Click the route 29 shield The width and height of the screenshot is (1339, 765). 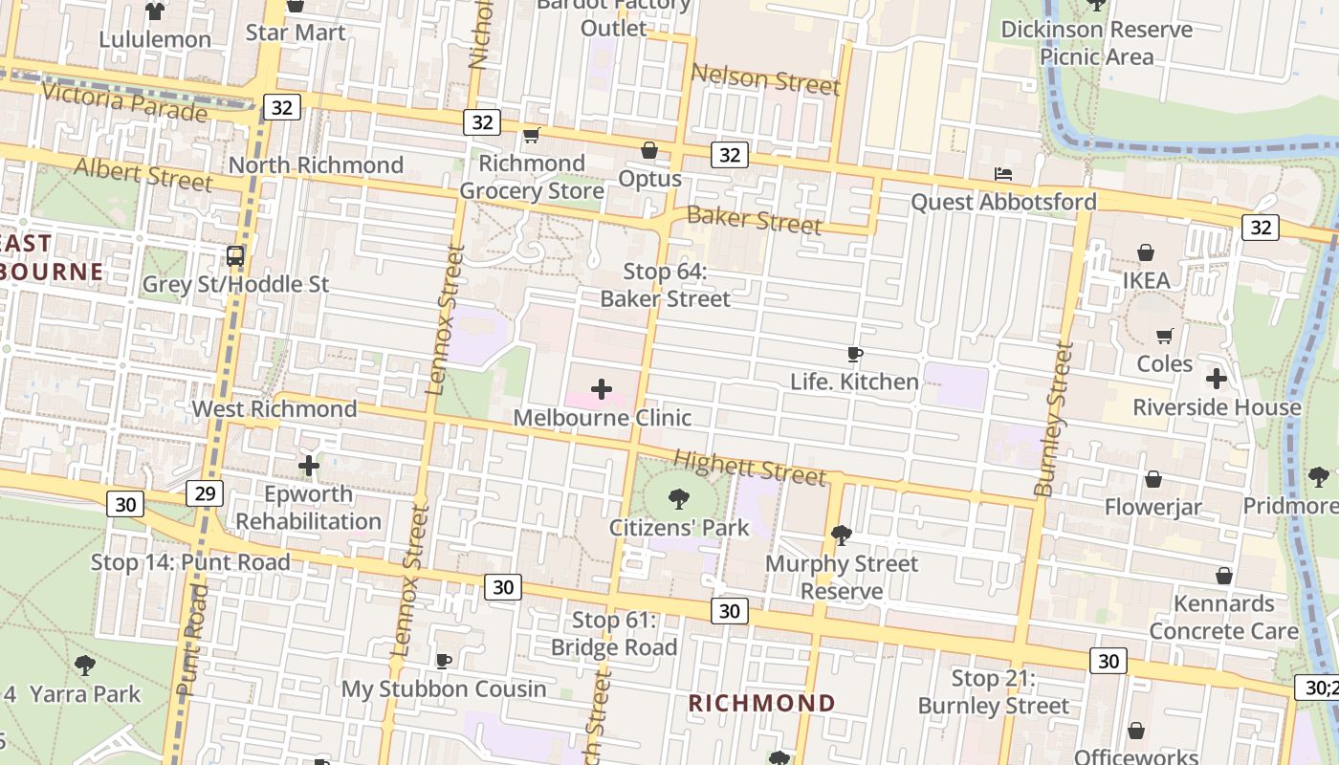pos(206,493)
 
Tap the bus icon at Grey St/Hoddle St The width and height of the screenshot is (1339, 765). pos(234,256)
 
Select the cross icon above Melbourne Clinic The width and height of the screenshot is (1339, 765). pos(602,389)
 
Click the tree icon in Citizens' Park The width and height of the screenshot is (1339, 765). pos(679,498)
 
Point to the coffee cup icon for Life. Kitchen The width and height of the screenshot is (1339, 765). pos(855,355)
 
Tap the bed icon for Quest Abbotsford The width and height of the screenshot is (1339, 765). pos(1003,174)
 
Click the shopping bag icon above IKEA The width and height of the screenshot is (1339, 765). pos(1146,252)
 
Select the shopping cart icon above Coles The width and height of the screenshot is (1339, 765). pos(1165,336)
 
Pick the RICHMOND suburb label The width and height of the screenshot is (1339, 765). pos(762,704)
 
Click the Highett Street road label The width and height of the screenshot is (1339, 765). pos(750,468)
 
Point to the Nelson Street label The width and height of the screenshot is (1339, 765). pos(765,79)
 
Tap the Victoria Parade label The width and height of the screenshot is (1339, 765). pos(124,100)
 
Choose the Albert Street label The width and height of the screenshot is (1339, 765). pos(143,174)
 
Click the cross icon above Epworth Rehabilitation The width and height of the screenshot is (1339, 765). pos(308,466)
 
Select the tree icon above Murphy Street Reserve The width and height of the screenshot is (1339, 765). pos(842,535)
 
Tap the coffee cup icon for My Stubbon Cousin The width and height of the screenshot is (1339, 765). pos(444,661)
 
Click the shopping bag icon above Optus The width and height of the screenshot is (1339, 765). pos(649,150)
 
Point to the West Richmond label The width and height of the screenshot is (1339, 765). pos(274,409)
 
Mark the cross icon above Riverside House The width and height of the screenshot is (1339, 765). pos(1216,379)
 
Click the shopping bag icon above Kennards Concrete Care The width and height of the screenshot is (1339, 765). pos(1223,576)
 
